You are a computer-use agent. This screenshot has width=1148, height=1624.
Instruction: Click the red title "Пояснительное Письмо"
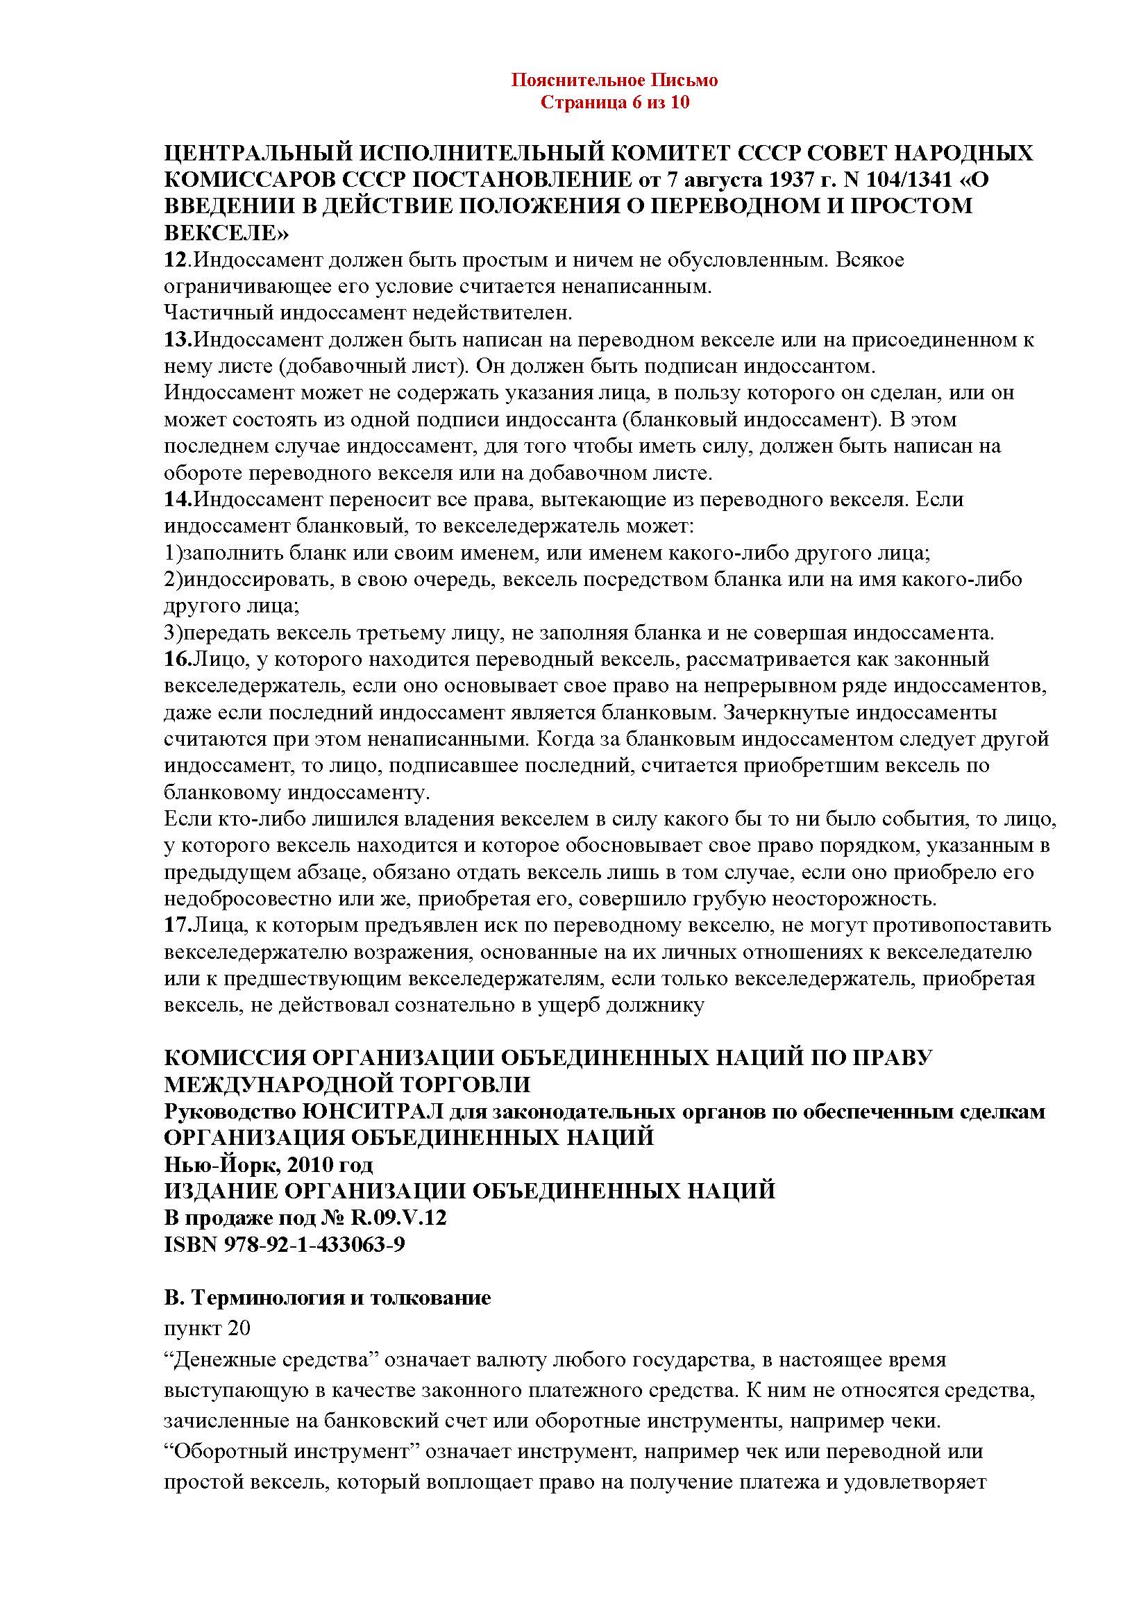[614, 80]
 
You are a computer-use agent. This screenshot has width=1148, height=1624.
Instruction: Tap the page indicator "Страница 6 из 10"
[614, 103]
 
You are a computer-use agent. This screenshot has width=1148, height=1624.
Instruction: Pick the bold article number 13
[177, 340]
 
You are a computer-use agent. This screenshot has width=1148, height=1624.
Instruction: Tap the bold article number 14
[177, 500]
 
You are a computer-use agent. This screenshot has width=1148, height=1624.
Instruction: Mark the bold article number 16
[177, 660]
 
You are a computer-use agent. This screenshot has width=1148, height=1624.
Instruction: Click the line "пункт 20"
[207, 1328]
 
